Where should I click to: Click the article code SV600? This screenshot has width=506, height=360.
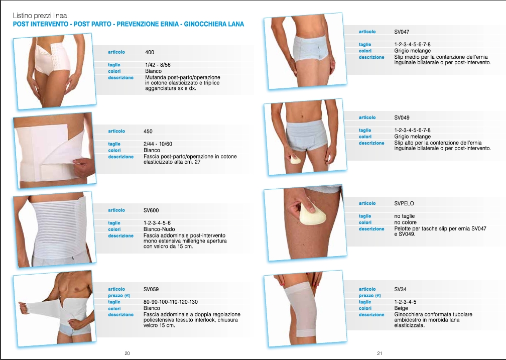(151, 210)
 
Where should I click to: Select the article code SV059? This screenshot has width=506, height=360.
(151, 289)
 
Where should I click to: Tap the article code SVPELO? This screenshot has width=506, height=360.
(404, 203)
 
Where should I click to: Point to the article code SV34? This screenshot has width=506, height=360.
(400, 289)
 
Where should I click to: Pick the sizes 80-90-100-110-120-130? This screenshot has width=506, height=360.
(171, 302)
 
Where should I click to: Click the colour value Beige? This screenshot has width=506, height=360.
(401, 308)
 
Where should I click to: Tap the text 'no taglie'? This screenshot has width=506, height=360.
(405, 216)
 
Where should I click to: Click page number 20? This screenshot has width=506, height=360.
(127, 353)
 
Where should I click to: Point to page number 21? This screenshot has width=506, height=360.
(379, 353)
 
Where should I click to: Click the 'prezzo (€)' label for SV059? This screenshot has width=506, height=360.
(119, 295)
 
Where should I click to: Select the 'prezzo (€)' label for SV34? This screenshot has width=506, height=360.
(370, 295)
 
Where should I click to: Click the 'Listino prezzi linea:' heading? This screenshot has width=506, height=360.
(41, 16)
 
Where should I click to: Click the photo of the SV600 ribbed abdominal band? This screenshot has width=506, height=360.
(55, 229)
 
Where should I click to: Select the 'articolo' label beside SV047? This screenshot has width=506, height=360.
(367, 32)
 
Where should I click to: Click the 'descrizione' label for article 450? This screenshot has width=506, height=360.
(120, 157)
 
